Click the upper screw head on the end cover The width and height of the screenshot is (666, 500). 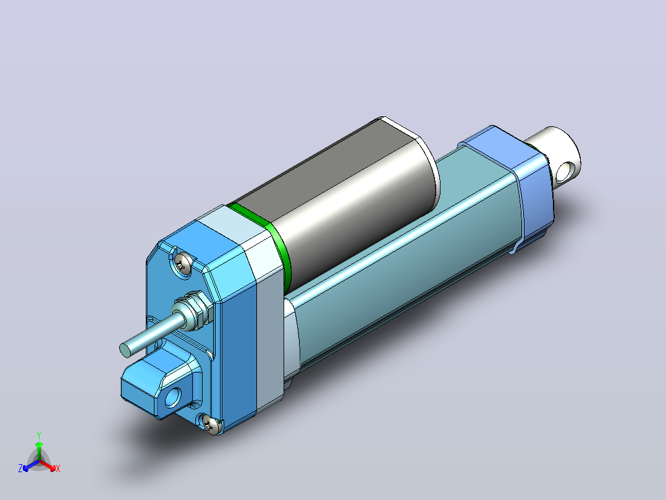point(183,264)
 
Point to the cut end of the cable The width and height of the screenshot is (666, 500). point(126,350)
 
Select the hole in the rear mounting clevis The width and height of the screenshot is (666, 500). point(173,397)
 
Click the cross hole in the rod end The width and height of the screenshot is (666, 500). point(565,171)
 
